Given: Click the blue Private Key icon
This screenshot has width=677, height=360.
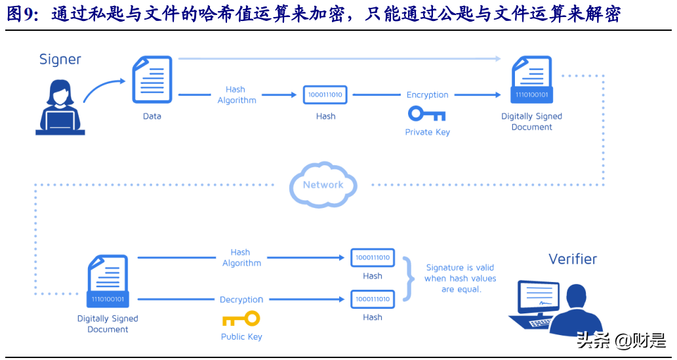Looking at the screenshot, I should [426, 114].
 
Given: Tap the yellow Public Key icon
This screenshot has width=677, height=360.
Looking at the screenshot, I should [241, 319].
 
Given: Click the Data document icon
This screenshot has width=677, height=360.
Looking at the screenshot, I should [152, 80].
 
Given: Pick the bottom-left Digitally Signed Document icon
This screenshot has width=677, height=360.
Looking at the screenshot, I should [108, 283].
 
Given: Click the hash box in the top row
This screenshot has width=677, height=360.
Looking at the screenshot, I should [325, 94].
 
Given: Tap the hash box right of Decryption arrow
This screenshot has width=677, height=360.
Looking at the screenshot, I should [372, 299].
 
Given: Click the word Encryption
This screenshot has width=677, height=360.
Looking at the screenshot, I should [427, 95].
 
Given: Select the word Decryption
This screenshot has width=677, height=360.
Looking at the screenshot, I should [241, 300].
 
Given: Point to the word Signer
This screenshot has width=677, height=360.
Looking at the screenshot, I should [60, 60].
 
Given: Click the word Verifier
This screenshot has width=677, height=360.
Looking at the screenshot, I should [573, 259].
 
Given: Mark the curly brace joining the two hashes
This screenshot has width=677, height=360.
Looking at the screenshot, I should [410, 278].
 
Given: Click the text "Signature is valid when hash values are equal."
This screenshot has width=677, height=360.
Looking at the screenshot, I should [460, 278].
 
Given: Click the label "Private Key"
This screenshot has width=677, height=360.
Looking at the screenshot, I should [427, 132].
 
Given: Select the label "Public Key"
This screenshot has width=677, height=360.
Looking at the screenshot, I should [241, 337].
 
